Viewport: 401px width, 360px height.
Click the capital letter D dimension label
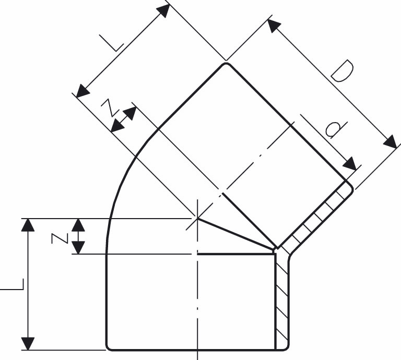342,71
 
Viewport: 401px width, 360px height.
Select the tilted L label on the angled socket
112,43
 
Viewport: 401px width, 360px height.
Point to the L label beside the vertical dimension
13,284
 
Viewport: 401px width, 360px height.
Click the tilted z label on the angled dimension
110,107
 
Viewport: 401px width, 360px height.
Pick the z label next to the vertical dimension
60,238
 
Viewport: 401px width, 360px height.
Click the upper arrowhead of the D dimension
274,26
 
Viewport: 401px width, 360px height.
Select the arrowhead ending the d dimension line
350,163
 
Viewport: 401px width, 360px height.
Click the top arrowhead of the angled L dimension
163,11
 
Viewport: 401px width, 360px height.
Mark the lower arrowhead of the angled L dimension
83,91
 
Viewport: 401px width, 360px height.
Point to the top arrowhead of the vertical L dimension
28,225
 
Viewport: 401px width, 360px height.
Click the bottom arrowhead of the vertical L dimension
28,344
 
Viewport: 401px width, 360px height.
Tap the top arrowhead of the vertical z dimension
78,225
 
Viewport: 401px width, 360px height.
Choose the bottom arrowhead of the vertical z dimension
78,248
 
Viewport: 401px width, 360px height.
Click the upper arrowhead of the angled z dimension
130,113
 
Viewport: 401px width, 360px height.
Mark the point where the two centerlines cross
197,219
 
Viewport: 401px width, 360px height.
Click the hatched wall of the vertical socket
282,302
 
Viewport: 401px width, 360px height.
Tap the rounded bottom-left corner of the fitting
108,347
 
